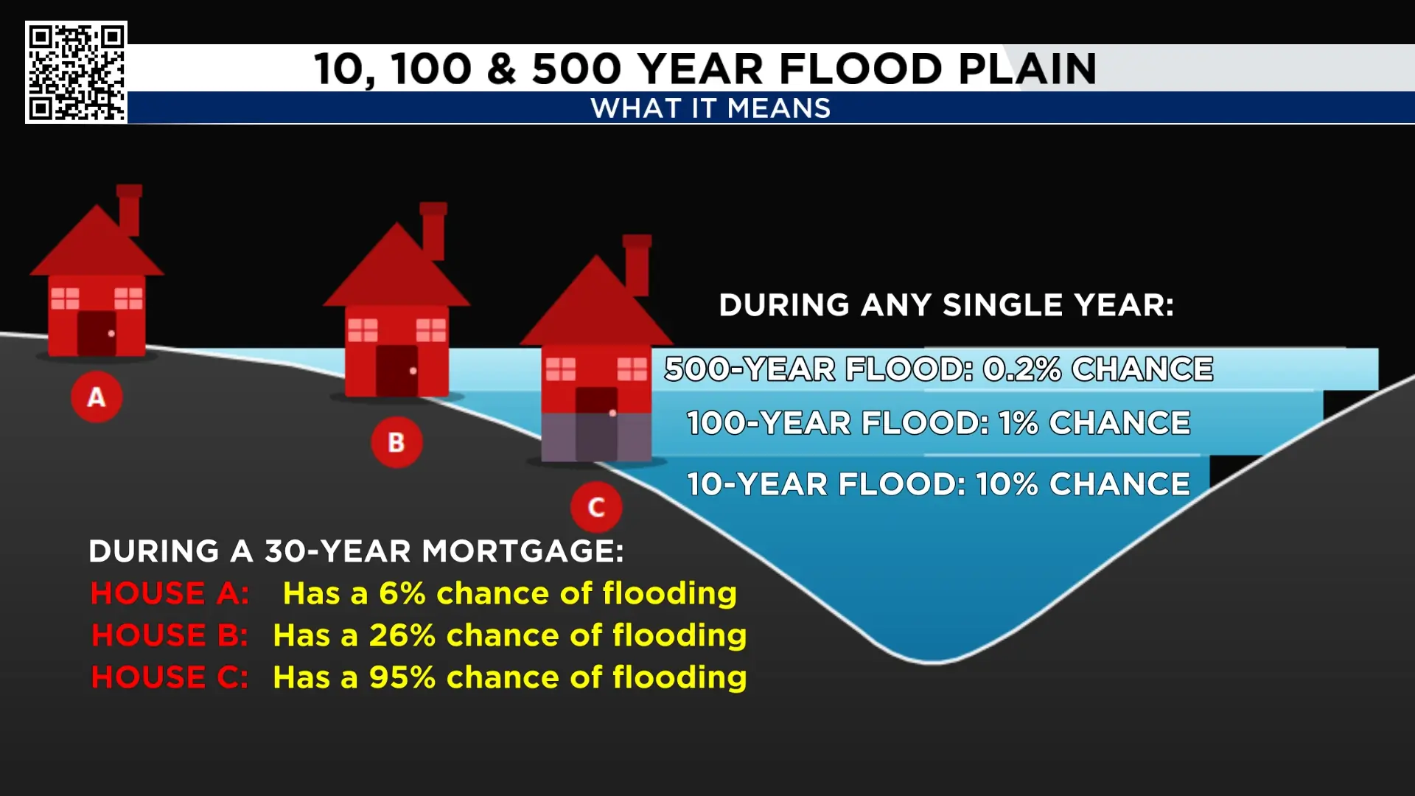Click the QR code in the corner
pyautogui.click(x=76, y=72)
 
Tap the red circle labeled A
pyautogui.click(x=97, y=397)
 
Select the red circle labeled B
pyautogui.click(x=396, y=442)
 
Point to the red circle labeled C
pyautogui.click(x=596, y=507)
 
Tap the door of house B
pyautogui.click(x=397, y=371)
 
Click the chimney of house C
pyautogui.click(x=637, y=265)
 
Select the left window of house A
pyautogui.click(x=65, y=298)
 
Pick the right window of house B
pyautogui.click(x=431, y=330)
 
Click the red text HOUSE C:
pyautogui.click(x=170, y=677)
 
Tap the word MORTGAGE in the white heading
pyautogui.click(x=523, y=551)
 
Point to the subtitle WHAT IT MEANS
pyautogui.click(x=710, y=108)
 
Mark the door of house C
pyautogui.click(x=596, y=424)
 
